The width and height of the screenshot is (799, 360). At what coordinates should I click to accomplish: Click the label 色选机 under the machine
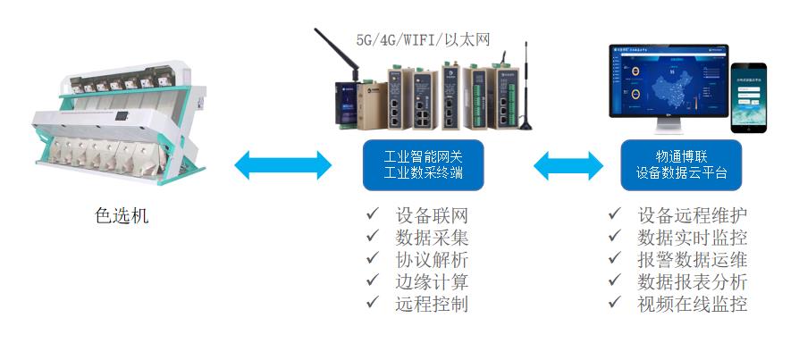point(122,216)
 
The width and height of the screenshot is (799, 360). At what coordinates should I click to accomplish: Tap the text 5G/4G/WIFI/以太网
point(423,39)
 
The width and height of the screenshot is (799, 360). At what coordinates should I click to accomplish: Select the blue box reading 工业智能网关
point(423,164)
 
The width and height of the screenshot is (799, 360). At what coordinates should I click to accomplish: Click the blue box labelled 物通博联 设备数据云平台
point(681,164)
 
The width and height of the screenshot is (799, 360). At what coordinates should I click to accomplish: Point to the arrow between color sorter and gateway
point(282,164)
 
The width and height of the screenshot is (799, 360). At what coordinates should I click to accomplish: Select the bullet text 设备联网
point(431,216)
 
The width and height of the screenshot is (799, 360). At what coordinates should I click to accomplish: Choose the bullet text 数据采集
point(431,238)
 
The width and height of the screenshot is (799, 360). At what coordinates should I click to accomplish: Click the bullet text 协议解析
point(431,259)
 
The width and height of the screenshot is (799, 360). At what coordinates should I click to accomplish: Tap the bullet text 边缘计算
point(431,281)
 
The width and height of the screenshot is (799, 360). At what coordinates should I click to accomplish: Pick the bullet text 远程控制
point(431,303)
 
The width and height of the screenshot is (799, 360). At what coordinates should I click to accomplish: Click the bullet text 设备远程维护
point(693,216)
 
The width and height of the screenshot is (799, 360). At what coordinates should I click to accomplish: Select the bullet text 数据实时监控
point(693,238)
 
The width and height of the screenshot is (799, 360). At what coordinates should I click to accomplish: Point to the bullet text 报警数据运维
point(693,259)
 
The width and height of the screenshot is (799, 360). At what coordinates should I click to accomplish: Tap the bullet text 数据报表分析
point(693,281)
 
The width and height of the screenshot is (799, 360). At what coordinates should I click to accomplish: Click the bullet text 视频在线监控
point(693,303)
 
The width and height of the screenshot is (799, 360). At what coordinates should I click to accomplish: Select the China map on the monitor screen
point(674,84)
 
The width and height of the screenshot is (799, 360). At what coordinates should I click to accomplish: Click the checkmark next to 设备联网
point(372,215)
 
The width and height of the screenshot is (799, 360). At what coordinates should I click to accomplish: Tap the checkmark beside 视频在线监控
point(614,302)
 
